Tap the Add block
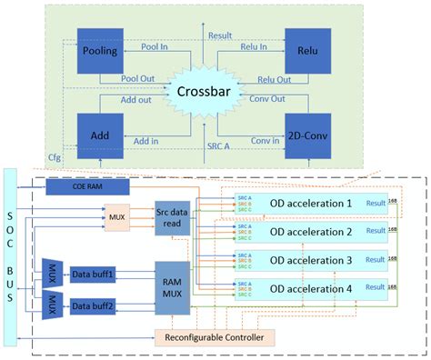pos(99,135)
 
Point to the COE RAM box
pos(87,185)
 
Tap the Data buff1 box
pos(94,270)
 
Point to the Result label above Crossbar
pos(219,35)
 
